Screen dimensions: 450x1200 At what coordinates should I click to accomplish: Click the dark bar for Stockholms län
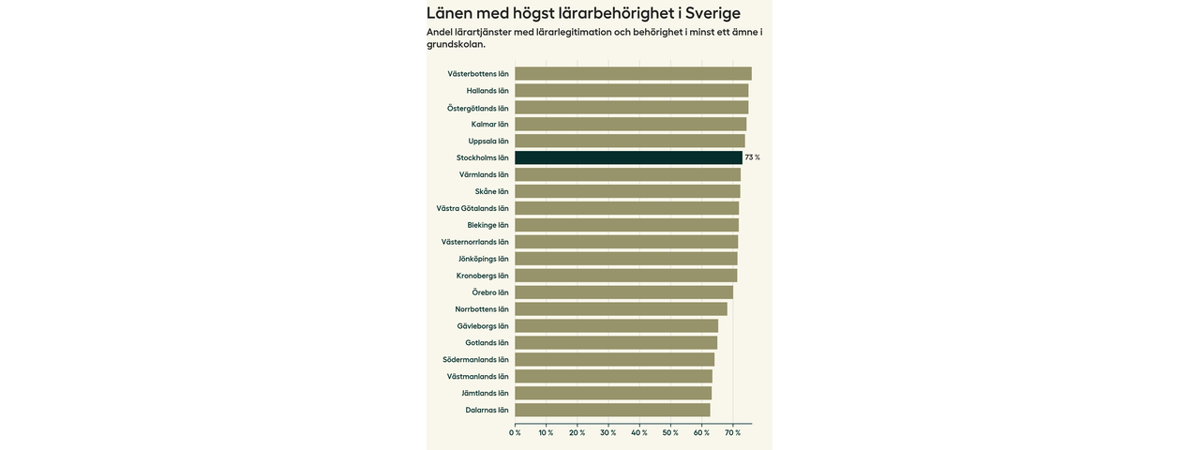coord(628,157)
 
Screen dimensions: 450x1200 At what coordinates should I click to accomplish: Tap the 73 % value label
coord(752,157)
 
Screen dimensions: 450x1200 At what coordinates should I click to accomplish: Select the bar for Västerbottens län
coord(633,74)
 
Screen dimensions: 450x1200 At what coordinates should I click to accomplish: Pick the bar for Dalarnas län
coord(612,410)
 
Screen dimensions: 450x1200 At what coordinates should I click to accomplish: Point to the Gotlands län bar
coord(616,343)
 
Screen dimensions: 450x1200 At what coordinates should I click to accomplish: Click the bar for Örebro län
coord(623,292)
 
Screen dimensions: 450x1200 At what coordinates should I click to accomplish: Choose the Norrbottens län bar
coord(621,309)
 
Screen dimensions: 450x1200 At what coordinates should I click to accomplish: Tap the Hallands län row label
coord(487,91)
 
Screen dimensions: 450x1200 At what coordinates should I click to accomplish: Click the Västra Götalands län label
coord(472,208)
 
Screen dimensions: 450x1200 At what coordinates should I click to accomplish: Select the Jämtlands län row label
coord(485,394)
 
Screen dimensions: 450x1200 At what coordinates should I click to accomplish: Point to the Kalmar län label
coord(489,125)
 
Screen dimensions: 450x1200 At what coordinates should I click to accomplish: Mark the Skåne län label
coord(491,191)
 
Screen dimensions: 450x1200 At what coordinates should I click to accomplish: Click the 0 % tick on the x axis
coord(515,433)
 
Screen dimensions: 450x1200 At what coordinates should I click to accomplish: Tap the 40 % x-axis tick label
coord(638,433)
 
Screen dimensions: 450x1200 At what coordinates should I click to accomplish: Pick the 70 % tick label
coord(731,433)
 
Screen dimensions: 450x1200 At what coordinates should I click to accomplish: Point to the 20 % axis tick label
coord(577,433)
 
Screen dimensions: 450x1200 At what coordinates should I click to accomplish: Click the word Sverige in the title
coord(712,13)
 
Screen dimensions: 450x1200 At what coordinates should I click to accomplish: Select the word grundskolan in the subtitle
coord(456,44)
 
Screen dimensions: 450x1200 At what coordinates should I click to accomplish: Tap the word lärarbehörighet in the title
coord(615,13)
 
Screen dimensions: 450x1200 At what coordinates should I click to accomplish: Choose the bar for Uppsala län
coord(630,142)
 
